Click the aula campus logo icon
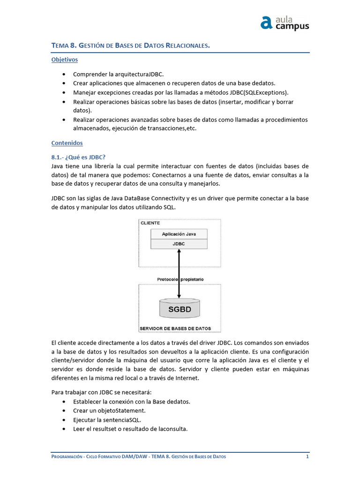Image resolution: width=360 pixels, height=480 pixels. (267, 22)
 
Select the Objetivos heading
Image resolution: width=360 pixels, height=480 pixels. (64, 60)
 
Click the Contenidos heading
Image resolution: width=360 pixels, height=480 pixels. (67, 142)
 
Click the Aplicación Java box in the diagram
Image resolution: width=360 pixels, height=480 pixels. (179, 234)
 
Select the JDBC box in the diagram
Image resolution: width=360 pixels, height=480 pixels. (179, 244)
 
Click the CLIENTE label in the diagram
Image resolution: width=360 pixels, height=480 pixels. (150, 223)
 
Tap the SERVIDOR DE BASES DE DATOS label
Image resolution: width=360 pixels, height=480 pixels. (175, 328)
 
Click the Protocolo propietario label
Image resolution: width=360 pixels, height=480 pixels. (180, 279)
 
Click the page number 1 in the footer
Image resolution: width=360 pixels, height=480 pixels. (307, 457)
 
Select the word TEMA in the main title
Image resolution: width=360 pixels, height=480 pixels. (60, 45)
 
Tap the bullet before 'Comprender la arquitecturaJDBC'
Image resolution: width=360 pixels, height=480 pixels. (64, 75)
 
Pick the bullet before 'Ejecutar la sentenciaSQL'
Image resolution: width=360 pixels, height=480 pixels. (64, 420)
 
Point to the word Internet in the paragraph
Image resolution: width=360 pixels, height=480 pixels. (187, 378)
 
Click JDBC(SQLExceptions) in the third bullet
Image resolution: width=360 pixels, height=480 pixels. (261, 92)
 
